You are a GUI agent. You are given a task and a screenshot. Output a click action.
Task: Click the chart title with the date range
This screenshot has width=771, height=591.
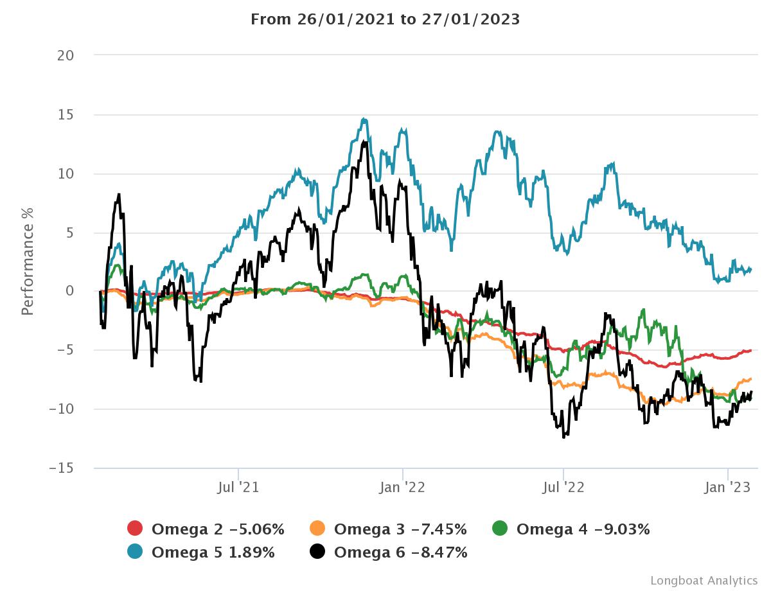[x=385, y=19]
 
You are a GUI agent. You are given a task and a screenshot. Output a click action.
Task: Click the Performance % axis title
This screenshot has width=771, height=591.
[x=27, y=261]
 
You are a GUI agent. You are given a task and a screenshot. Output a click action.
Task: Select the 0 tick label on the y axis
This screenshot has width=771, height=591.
[x=69, y=291]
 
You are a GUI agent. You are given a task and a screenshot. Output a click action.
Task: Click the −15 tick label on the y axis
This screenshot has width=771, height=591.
[x=62, y=468]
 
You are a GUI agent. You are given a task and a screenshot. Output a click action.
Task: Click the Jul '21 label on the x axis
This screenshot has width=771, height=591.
[x=238, y=488]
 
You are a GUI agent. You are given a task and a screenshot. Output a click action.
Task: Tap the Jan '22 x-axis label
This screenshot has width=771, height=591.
[x=403, y=488]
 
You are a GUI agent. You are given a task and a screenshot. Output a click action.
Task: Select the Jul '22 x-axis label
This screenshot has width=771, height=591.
[x=563, y=488]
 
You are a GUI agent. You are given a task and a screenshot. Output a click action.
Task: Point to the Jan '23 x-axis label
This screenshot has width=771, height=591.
[x=727, y=488]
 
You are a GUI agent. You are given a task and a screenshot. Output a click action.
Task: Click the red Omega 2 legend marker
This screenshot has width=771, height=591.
[x=135, y=529]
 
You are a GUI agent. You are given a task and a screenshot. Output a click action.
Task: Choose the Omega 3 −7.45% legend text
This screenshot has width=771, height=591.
[x=400, y=529]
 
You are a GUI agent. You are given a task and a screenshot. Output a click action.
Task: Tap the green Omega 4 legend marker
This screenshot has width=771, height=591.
[x=500, y=529]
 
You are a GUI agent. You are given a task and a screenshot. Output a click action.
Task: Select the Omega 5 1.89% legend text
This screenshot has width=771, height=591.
[x=213, y=552]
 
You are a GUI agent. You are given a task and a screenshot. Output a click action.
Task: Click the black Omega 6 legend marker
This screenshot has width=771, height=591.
[x=317, y=552]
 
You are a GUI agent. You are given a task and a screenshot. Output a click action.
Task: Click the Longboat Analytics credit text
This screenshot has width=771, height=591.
[x=704, y=580]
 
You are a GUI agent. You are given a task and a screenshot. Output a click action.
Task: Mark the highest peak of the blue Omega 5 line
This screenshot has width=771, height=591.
[x=364, y=119]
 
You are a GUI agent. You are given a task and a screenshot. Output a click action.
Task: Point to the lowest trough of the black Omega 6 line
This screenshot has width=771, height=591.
[x=563, y=437]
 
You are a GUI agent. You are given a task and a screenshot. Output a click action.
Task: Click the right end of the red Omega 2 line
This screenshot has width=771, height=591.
[x=750, y=350]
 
